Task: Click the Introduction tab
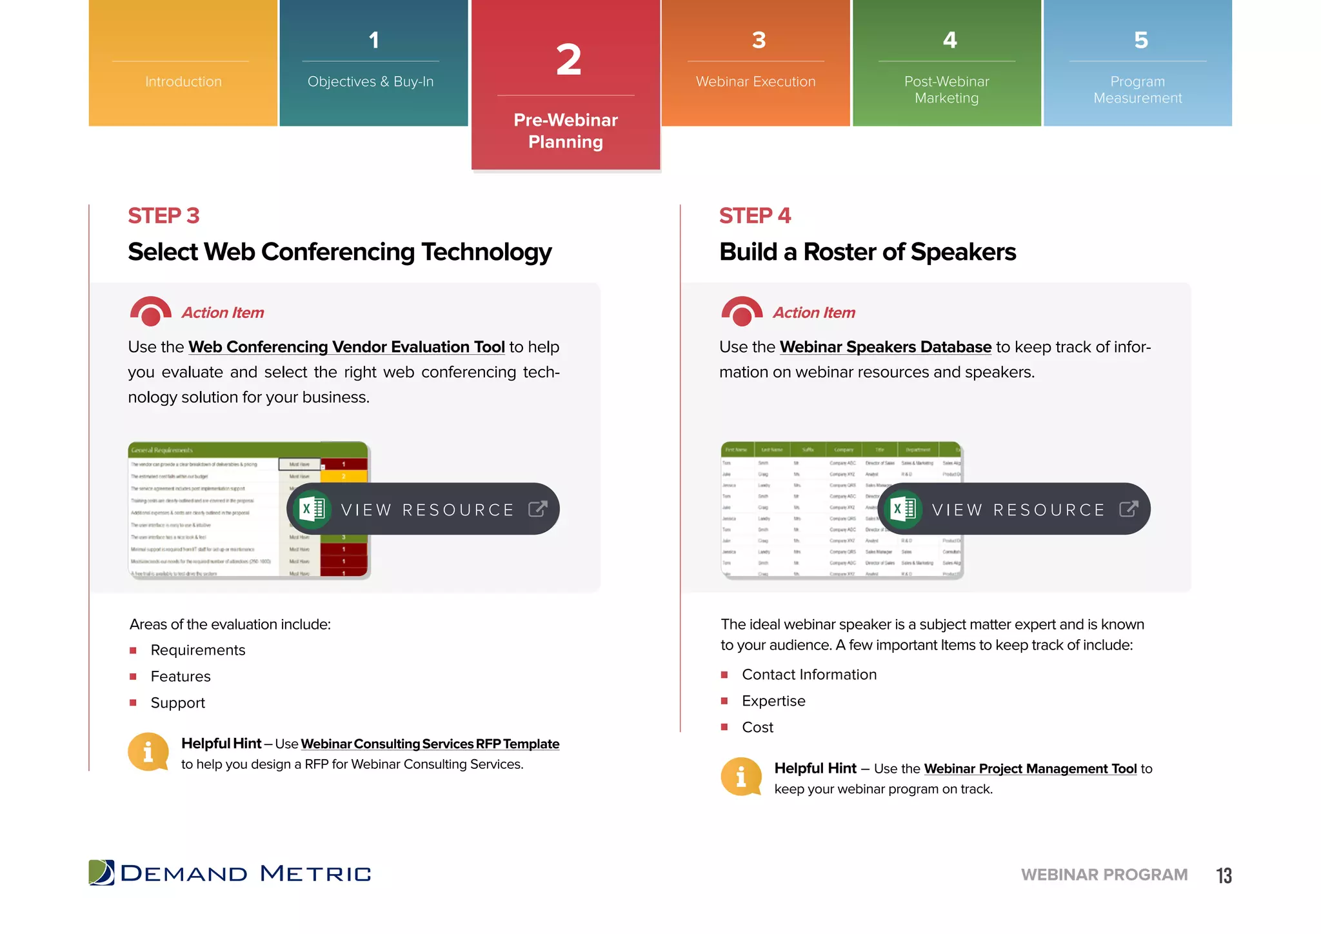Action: tap(183, 81)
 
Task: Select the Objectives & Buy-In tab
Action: tap(370, 81)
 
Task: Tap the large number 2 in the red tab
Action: tap(568, 61)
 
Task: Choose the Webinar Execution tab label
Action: tap(755, 81)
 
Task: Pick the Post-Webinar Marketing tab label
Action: tap(946, 90)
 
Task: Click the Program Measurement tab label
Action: tap(1137, 90)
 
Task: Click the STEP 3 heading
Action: tap(163, 215)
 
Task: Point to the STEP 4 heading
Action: tap(755, 215)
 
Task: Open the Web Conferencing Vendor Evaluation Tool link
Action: tap(346, 347)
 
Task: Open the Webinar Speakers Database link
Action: tap(885, 347)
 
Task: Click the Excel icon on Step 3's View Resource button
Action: tap(313, 509)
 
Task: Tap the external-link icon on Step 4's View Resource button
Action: tap(1128, 509)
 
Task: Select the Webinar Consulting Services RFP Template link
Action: tap(430, 744)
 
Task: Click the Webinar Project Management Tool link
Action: tap(1030, 768)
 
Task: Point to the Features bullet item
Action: tap(181, 677)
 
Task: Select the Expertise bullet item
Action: tap(773, 701)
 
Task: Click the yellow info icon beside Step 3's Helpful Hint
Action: tap(148, 751)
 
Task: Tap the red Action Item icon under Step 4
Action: tap(742, 312)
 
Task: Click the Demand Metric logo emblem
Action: tap(101, 873)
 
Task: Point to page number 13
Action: tap(1224, 875)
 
